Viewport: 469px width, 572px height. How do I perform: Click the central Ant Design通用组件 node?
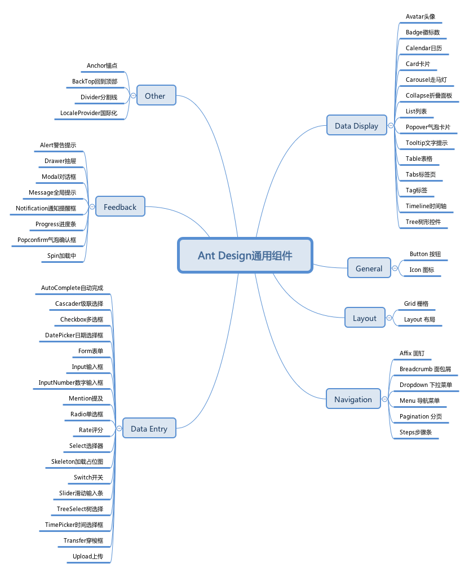tap(245, 256)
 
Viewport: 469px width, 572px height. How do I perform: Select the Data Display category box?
tap(356, 125)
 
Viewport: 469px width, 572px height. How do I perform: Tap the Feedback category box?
tap(120, 207)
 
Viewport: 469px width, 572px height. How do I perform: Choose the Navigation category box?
tap(353, 399)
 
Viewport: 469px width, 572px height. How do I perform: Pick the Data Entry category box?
tap(149, 429)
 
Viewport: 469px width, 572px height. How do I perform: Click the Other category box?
tap(155, 96)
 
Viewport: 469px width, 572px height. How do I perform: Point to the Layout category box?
tap(365, 318)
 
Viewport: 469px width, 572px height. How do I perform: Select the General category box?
tap(369, 269)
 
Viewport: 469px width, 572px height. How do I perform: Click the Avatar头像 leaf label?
tap(421, 16)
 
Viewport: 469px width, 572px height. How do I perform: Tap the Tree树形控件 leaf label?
tap(423, 222)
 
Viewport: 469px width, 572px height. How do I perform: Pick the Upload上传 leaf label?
tap(88, 556)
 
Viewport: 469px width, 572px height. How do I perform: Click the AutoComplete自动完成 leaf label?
tap(72, 288)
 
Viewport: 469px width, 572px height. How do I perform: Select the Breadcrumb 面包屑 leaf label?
tap(425, 369)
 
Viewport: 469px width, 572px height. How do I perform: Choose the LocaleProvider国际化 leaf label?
tap(89, 113)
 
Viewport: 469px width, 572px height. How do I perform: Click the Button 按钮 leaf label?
tap(425, 254)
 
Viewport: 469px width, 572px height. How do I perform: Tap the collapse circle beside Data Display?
tap(391, 125)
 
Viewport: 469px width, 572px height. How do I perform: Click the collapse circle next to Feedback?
tap(92, 207)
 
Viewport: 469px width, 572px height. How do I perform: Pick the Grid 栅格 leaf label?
tap(416, 303)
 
